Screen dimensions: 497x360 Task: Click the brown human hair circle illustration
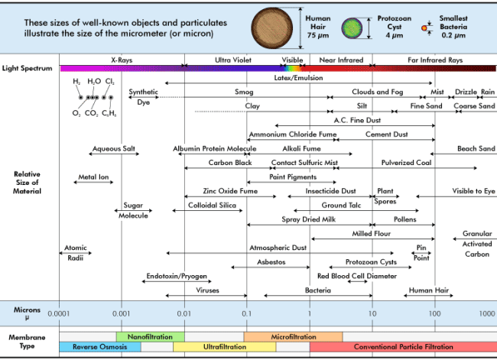pyautogui.click(x=272, y=28)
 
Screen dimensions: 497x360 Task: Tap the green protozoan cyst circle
pyautogui.click(x=352, y=28)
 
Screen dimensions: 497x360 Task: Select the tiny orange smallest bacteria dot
pyautogui.click(x=424, y=28)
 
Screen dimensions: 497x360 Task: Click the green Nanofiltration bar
pyautogui.click(x=150, y=336)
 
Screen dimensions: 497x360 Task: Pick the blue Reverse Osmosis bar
pyautogui.click(x=100, y=347)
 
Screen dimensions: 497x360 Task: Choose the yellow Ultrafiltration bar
pyautogui.click(x=224, y=347)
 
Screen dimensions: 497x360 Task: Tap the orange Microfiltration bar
pyautogui.click(x=293, y=336)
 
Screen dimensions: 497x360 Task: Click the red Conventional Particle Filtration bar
pyautogui.click(x=403, y=347)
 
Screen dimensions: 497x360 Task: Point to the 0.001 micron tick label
pyautogui.click(x=121, y=313)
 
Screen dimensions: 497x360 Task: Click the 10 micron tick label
pyautogui.click(x=372, y=313)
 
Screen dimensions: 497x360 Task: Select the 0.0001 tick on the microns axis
pyautogui.click(x=59, y=313)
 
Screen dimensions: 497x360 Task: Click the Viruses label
pyautogui.click(x=207, y=290)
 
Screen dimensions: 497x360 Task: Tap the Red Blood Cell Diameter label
pyautogui.click(x=357, y=276)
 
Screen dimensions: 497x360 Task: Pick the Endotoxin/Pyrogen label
pyautogui.click(x=177, y=276)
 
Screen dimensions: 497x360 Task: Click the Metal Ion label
pyautogui.click(x=93, y=177)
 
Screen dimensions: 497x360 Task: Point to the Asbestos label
pyautogui.click(x=271, y=262)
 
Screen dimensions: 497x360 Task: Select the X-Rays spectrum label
pyautogui.click(x=122, y=60)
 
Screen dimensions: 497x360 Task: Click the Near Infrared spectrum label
pyautogui.click(x=341, y=60)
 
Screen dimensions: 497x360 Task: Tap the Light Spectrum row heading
pyautogui.click(x=27, y=68)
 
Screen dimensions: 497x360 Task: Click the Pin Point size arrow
pyautogui.click(x=421, y=253)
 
